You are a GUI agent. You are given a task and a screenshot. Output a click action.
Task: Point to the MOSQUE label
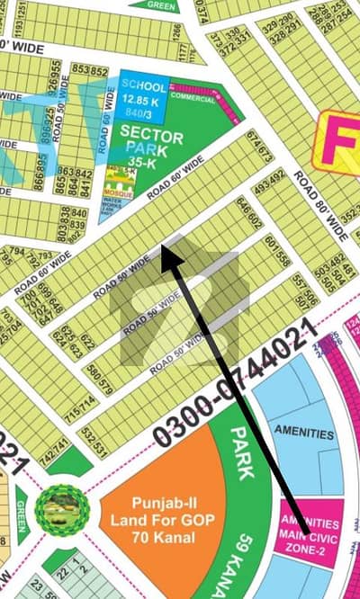(x=120, y=192)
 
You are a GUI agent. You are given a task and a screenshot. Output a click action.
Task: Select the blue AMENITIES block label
(x=303, y=434)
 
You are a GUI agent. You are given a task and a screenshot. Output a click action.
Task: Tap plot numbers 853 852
(x=83, y=70)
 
